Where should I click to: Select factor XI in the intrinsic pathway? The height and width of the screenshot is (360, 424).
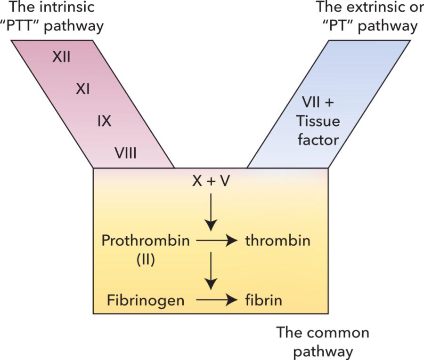83,89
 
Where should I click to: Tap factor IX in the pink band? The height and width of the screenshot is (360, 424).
104,121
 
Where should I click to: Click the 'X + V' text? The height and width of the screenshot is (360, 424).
211,182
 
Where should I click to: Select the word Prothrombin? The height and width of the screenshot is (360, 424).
146,241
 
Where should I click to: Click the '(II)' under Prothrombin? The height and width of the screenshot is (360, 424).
146,260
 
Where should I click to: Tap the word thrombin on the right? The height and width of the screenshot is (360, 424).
278,241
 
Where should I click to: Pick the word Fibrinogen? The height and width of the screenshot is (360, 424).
146,300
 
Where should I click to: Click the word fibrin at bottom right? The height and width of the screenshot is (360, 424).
263,300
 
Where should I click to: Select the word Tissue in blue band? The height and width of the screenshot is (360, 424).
318,121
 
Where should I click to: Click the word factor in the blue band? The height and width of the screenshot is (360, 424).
318,140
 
